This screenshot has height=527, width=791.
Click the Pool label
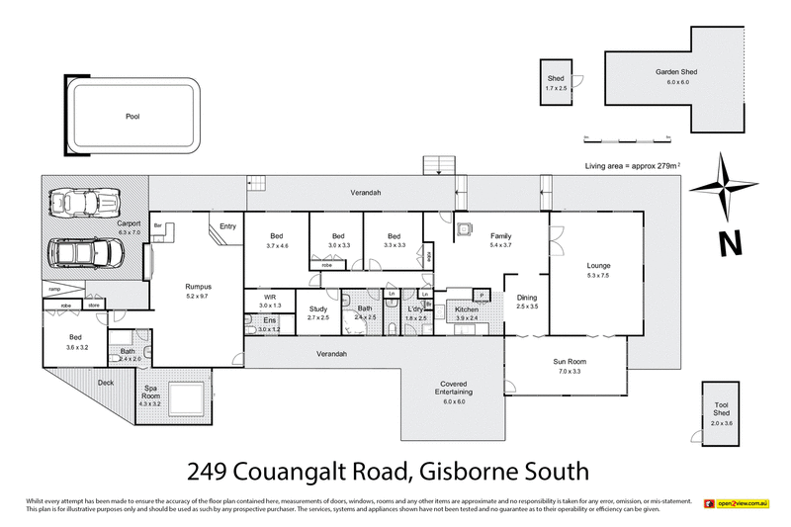[x=132, y=116]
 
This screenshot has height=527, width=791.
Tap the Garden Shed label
[x=676, y=72]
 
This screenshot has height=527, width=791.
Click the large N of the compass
[x=729, y=241]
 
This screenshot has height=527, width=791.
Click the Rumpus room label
[x=199, y=287]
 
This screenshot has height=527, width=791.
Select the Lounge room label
[x=597, y=265]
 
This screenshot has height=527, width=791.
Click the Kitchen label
[x=466, y=309]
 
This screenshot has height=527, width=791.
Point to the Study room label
[x=317, y=309]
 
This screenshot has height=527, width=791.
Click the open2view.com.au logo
[x=737, y=504]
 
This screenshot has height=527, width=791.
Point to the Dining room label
[x=527, y=296]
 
